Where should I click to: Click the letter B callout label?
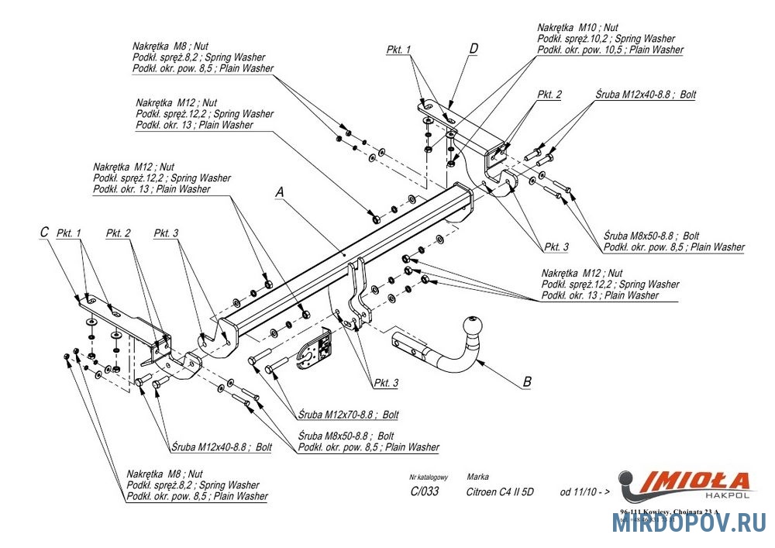pos(527,381)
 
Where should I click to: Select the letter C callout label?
pos(44,232)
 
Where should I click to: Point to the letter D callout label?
pos(473,49)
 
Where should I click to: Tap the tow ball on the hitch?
pos(473,326)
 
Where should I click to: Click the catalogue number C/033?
pos(423,491)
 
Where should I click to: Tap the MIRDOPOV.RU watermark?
pos(689,523)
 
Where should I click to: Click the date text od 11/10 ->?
pos(585,491)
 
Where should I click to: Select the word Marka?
pos(477,477)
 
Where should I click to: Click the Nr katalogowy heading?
pos(429,477)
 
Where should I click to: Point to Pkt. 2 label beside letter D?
pos(549,95)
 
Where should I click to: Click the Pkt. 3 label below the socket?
pos(385,383)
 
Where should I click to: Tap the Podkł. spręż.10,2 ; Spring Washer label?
pos(606,39)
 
